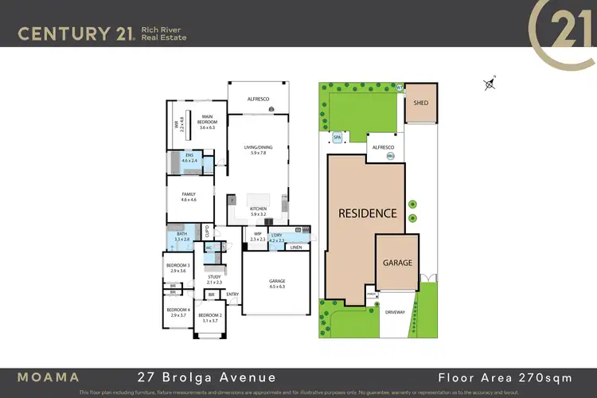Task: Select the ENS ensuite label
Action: (189, 157)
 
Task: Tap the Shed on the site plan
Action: (420, 102)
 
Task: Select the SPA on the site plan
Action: (337, 138)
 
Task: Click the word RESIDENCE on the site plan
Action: (367, 213)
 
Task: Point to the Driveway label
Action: (396, 312)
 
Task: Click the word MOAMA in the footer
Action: (49, 376)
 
